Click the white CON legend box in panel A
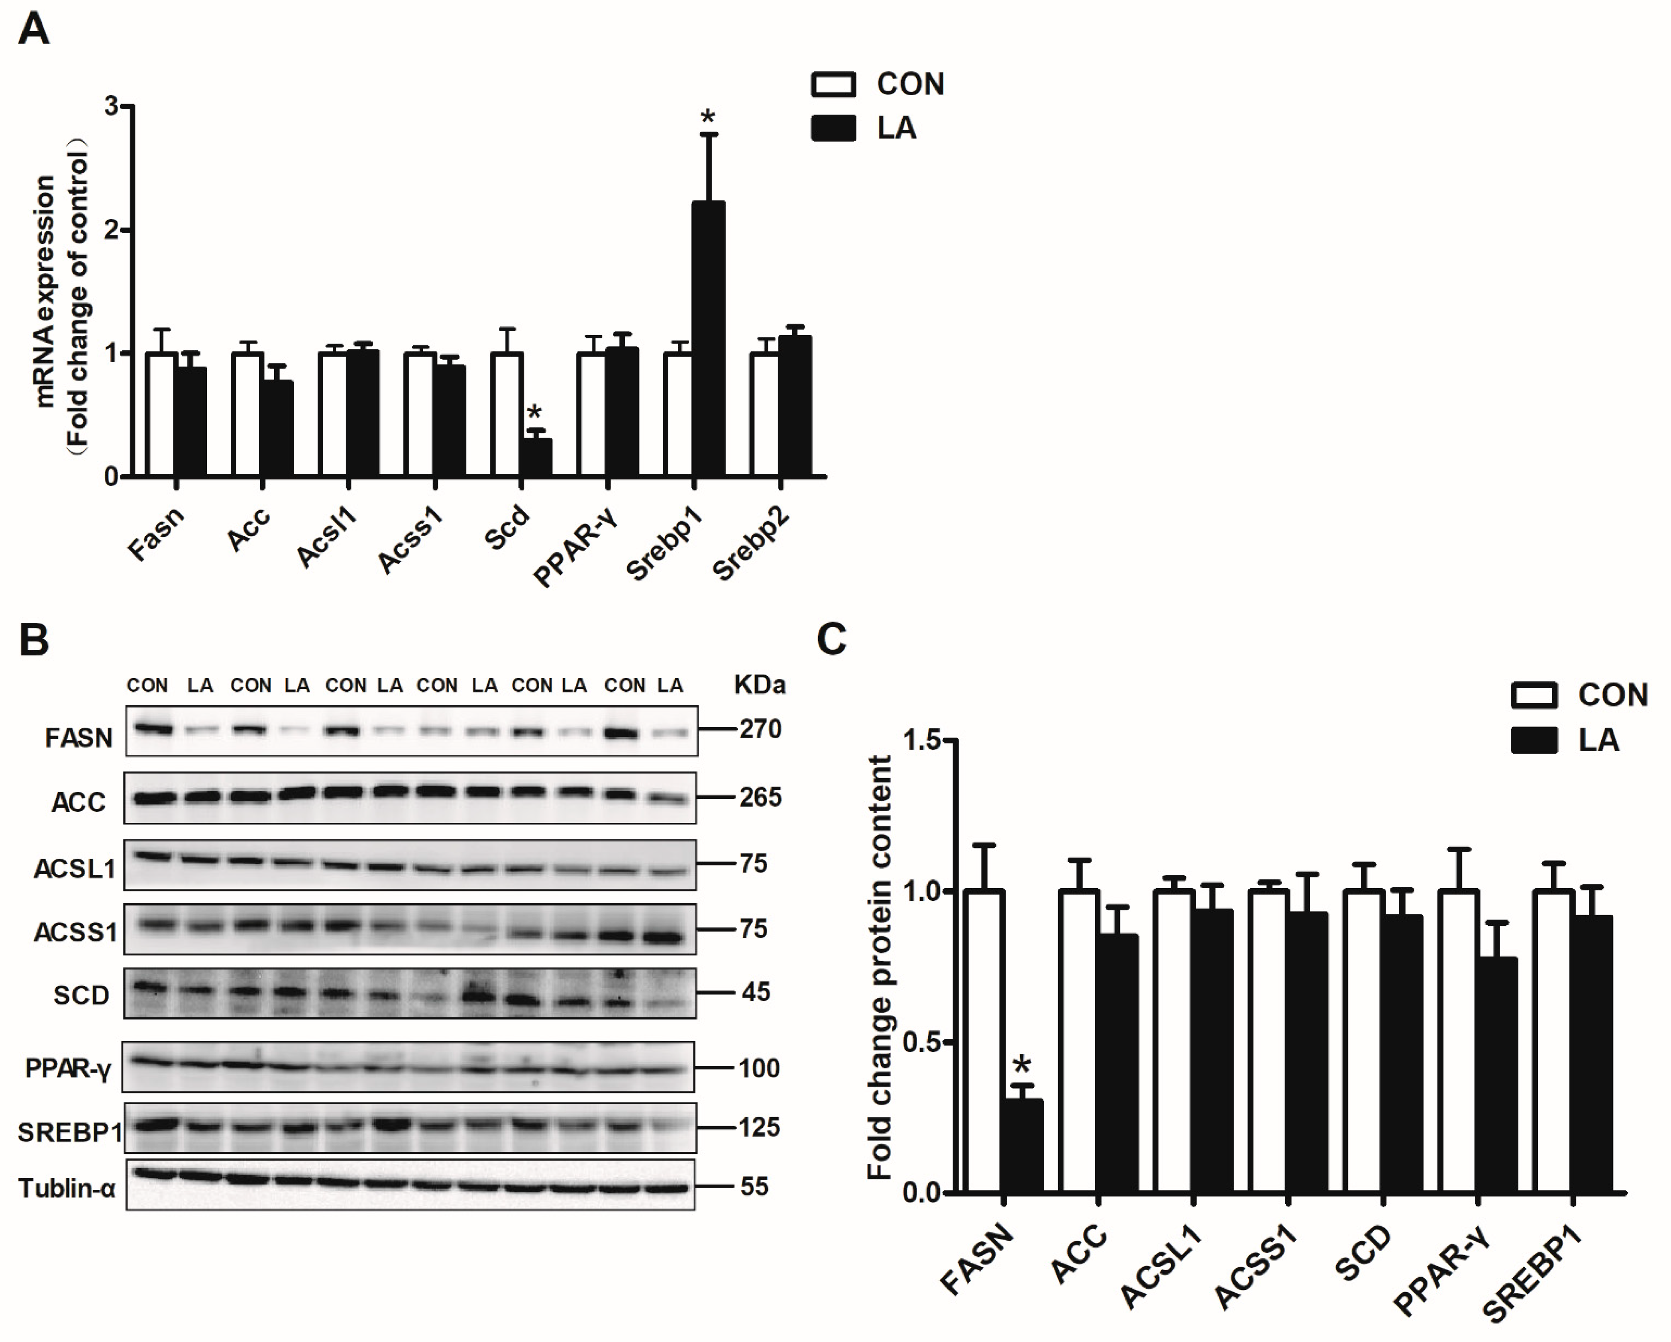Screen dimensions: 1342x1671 point(833,84)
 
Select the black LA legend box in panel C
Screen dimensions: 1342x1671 point(1534,741)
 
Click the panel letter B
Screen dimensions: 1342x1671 point(34,640)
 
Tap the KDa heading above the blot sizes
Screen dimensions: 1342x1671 point(760,685)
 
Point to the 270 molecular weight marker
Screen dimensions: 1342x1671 point(760,729)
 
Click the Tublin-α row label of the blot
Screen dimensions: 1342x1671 point(67,1188)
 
